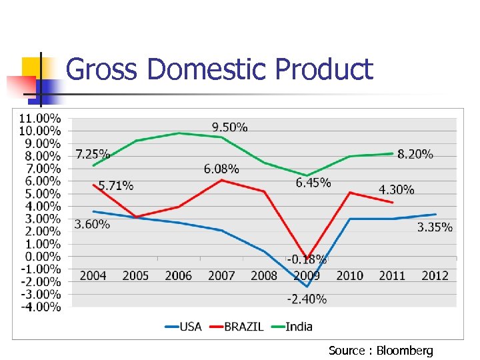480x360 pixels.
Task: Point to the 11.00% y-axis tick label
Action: [x=40, y=118]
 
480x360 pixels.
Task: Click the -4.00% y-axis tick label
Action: [x=40, y=307]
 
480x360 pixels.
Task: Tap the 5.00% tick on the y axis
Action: [x=43, y=194]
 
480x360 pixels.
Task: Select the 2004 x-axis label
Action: [x=93, y=276]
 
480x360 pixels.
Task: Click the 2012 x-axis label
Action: [x=435, y=276]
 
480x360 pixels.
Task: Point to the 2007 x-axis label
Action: [x=221, y=276]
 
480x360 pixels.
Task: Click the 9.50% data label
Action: [x=229, y=127]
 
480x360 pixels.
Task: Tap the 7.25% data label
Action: [x=93, y=154]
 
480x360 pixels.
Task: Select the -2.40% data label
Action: [x=307, y=299]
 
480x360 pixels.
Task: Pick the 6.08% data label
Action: [x=221, y=169]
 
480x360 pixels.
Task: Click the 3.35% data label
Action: [x=435, y=227]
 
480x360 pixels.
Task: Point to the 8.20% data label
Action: [x=415, y=155]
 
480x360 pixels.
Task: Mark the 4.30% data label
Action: [x=396, y=190]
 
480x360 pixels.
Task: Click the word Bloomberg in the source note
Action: [x=405, y=350]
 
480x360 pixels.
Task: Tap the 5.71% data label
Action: [x=116, y=186]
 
